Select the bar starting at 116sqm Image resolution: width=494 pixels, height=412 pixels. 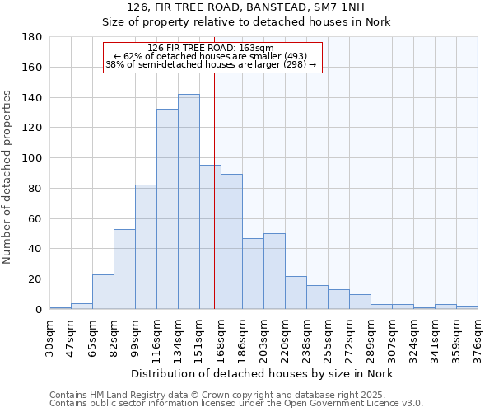pos(167,209)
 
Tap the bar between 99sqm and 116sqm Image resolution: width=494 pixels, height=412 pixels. pos(146,247)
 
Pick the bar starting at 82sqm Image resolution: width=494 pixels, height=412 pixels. pos(124,269)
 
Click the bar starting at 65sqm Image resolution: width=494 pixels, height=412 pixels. pos(103,292)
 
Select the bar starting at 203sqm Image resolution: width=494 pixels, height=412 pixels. pos(274,271)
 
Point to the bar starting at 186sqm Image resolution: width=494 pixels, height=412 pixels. pos(253,274)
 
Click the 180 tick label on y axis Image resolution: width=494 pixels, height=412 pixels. pos(32,37)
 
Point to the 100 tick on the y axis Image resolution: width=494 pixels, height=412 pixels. pos(32,158)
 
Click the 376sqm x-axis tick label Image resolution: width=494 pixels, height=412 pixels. pos(478,336)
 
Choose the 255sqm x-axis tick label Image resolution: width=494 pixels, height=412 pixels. pos(329,336)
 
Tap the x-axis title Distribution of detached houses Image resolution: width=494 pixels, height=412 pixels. pos(263,374)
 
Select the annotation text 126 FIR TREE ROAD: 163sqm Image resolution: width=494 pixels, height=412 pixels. pos(212,49)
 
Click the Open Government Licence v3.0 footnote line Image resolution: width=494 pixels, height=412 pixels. pos(236,403)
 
